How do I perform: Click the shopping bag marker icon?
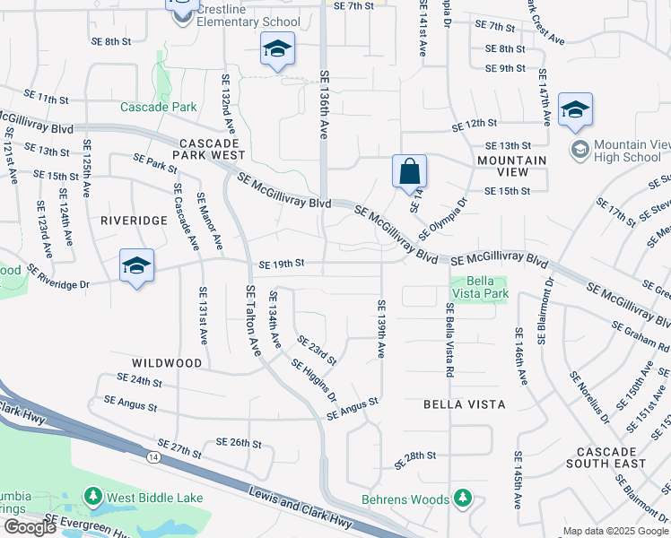click(409, 170)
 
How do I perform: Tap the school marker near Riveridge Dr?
click(136, 265)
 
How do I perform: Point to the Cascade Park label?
click(159, 107)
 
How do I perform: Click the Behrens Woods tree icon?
click(462, 498)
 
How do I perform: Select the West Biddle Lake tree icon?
click(92, 497)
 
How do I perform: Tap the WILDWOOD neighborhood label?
click(167, 363)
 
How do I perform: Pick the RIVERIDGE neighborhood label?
click(134, 220)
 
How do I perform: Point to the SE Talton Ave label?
click(253, 321)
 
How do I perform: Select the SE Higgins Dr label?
click(314, 380)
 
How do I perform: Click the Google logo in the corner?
click(30, 526)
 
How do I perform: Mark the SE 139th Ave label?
click(380, 329)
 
